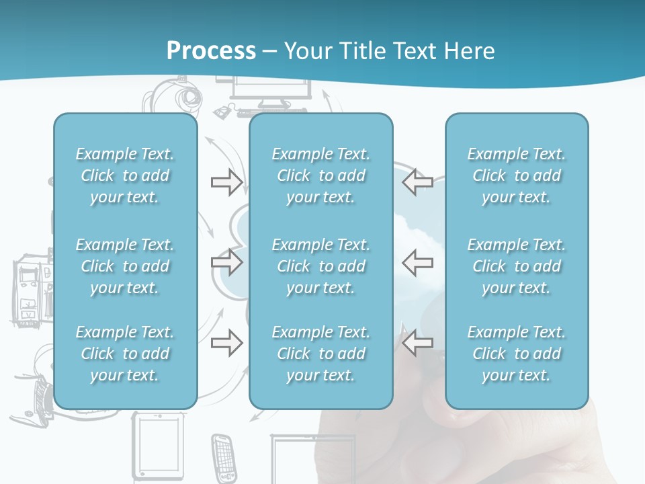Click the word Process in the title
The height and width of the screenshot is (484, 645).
211,50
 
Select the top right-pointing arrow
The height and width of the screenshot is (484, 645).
226,182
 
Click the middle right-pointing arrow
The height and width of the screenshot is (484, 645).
226,262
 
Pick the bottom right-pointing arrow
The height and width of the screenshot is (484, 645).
226,342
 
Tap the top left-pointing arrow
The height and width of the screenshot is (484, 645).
417,182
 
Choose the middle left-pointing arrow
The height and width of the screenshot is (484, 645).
417,262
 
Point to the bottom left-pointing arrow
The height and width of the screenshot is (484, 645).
417,342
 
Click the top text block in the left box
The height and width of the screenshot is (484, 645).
125,175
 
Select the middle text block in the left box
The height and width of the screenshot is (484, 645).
125,266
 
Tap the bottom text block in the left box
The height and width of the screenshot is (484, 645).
125,354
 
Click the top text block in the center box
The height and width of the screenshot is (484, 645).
321,175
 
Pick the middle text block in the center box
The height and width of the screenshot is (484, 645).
321,266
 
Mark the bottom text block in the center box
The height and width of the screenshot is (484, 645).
321,354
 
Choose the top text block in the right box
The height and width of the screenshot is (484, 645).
516,175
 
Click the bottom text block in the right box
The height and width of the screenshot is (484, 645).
516,354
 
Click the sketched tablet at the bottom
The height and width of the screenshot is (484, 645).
157,446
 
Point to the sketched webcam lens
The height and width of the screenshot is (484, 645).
189,96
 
